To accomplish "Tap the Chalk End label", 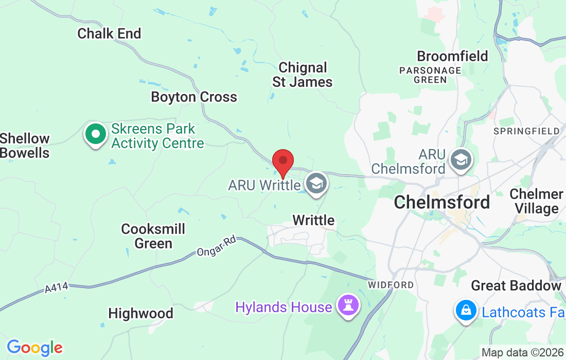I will click(109, 33).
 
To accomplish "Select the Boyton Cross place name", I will click(194, 97).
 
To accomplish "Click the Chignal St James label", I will click(303, 75).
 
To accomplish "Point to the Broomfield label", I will click(452, 56).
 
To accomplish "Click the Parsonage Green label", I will click(430, 75).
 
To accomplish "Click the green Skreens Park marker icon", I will click(95, 134).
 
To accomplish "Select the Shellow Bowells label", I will click(25, 146).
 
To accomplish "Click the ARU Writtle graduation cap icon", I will click(316, 183).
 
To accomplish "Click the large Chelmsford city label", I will click(441, 202).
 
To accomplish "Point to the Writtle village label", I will click(313, 220).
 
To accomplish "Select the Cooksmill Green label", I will click(153, 236).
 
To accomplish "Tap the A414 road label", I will click(56, 289).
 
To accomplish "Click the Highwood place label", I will click(140, 313).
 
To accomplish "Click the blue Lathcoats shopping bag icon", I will click(466, 311).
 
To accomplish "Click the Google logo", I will click(34, 348).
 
